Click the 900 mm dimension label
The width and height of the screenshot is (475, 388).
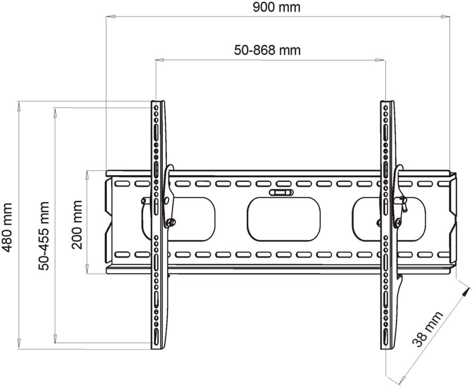click(x=277, y=7)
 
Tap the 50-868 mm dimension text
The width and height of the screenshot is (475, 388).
click(x=267, y=50)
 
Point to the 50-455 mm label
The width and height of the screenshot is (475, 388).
click(x=44, y=236)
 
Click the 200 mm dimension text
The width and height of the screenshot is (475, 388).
click(x=77, y=224)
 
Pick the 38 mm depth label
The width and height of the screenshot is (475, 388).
click(x=427, y=329)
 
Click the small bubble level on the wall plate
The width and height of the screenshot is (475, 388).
click(x=281, y=192)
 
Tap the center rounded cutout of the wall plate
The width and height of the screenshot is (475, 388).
click(x=284, y=219)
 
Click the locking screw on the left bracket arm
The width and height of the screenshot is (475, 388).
click(x=171, y=222)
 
